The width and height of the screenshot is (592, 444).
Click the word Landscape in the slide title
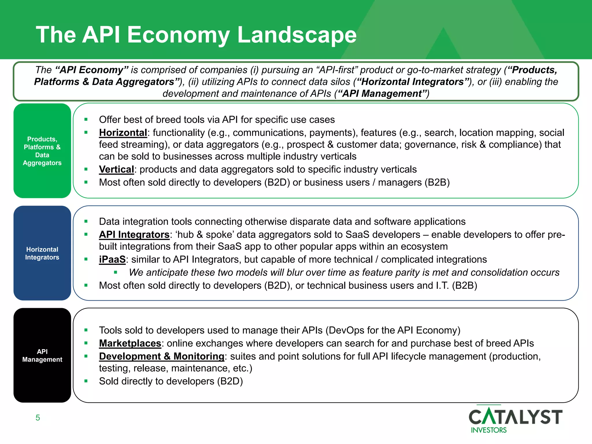(297, 35)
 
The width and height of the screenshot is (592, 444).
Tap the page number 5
(38, 418)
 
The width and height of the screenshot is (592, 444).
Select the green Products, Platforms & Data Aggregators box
(42, 151)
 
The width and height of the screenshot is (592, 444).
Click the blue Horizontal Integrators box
(42, 253)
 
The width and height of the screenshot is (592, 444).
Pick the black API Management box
(42, 355)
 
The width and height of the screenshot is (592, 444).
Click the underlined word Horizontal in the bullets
(123, 133)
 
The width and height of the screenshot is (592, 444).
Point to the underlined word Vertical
(116, 169)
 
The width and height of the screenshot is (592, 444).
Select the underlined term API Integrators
(134, 234)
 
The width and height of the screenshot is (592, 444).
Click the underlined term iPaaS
(112, 259)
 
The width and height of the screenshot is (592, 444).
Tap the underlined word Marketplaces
(130, 343)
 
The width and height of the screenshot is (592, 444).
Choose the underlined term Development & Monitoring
(162, 356)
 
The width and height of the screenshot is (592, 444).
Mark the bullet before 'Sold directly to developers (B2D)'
(86, 381)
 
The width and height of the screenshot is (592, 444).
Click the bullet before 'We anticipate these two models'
(116, 272)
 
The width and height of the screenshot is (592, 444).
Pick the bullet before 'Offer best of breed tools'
(86, 119)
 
